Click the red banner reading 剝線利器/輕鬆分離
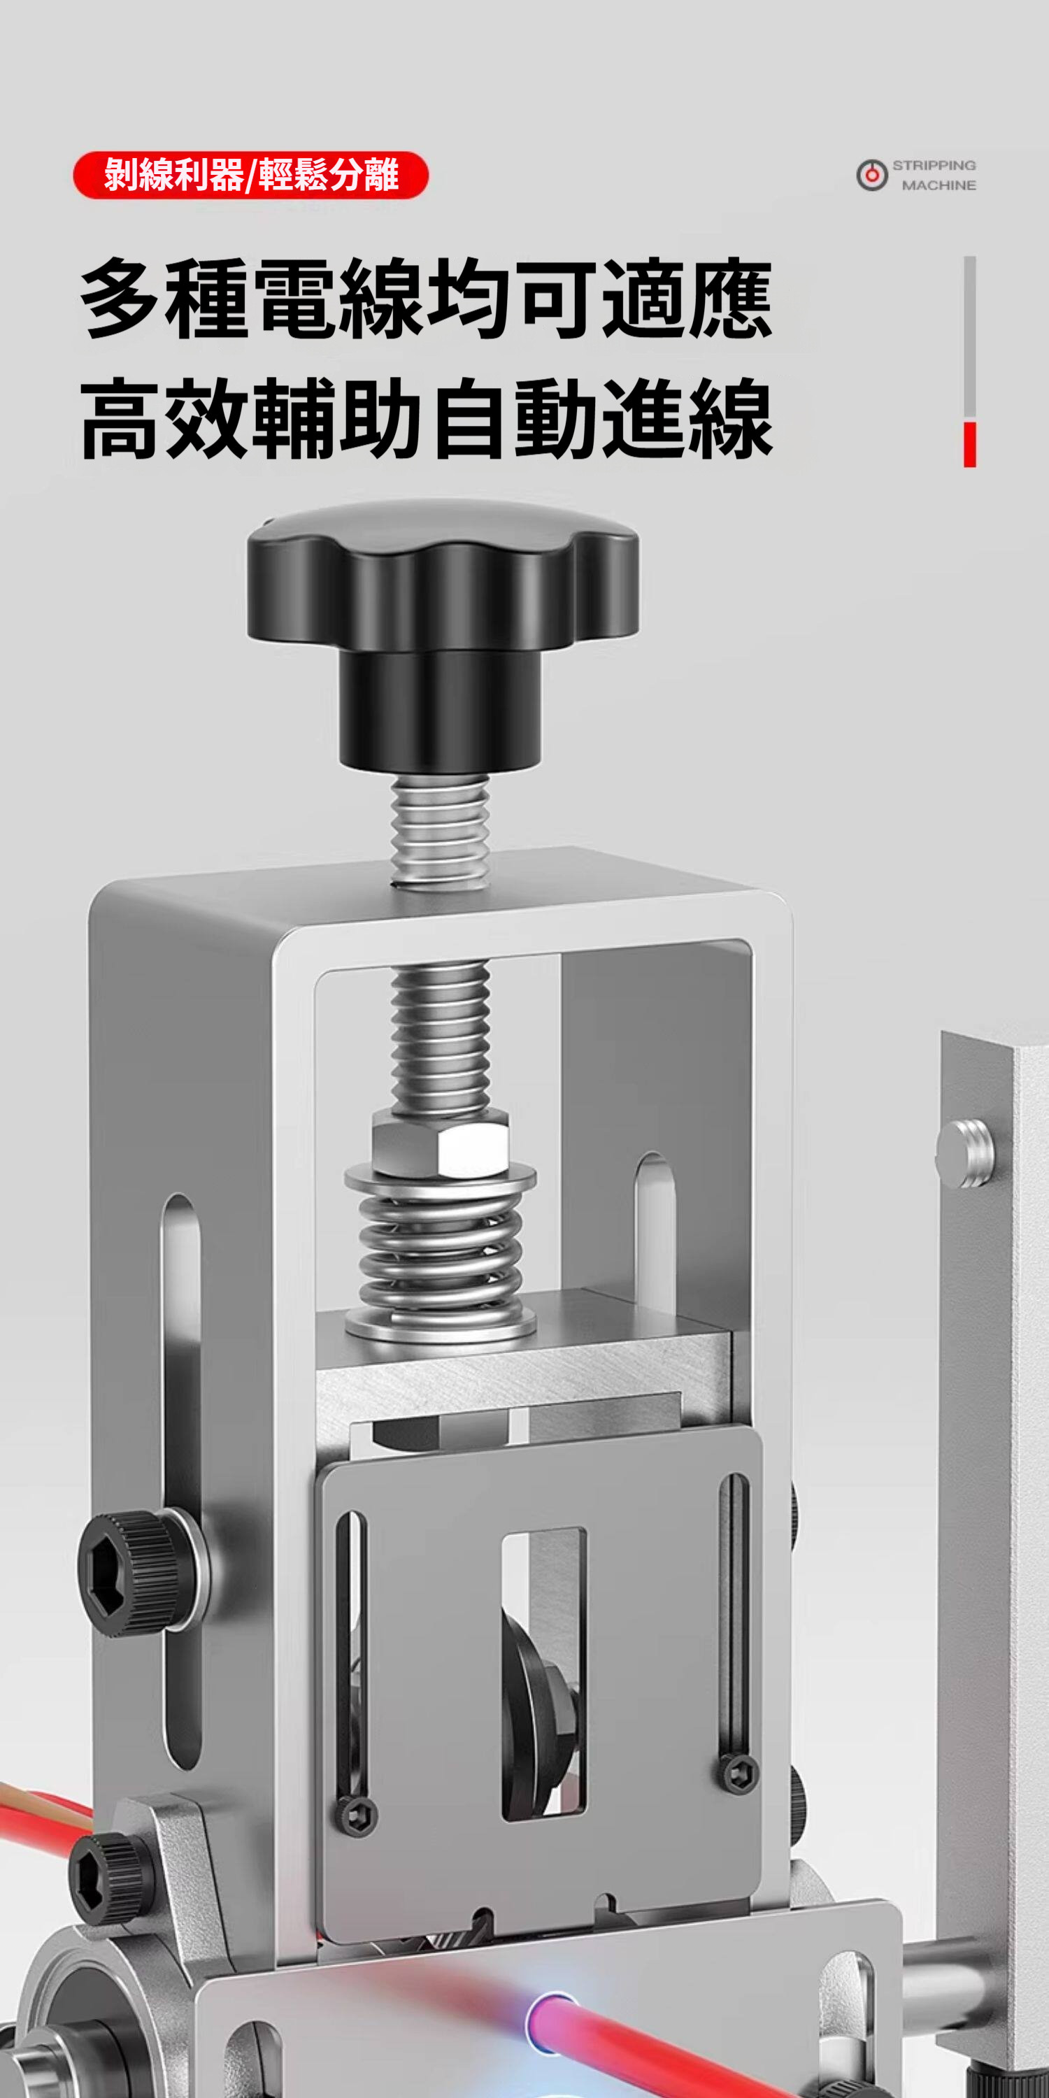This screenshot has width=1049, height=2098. (x=251, y=175)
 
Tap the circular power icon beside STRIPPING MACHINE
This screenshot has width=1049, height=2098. (x=871, y=175)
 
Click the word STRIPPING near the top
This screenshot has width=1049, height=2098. (x=934, y=165)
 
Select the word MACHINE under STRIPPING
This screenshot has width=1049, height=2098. (x=939, y=186)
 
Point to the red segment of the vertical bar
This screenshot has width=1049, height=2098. (x=969, y=445)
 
